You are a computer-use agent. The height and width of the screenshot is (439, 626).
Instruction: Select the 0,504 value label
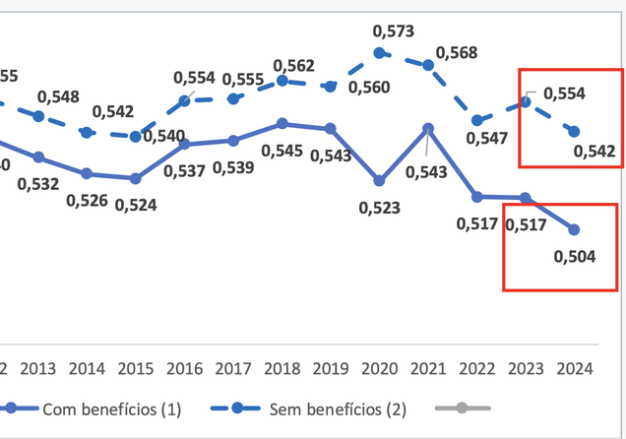point(575,257)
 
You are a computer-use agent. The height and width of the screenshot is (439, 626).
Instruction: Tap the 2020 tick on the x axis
point(380,368)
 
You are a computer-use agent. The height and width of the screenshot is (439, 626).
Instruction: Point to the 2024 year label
point(574,368)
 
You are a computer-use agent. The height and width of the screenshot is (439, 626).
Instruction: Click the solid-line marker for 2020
point(380,181)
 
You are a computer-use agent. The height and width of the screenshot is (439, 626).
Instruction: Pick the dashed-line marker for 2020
point(380,54)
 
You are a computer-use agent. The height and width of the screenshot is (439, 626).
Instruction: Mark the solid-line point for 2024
point(574,229)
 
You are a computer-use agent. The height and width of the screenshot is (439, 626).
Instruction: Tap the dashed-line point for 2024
point(574,131)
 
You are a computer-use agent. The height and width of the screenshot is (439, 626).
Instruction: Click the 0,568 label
point(458,51)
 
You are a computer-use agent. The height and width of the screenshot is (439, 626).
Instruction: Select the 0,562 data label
point(293,65)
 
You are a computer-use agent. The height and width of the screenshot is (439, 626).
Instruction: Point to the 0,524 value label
point(136,206)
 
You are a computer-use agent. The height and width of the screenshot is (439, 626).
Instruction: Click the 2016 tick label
point(185,368)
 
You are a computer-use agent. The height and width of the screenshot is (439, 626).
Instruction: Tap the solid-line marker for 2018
point(282,123)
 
